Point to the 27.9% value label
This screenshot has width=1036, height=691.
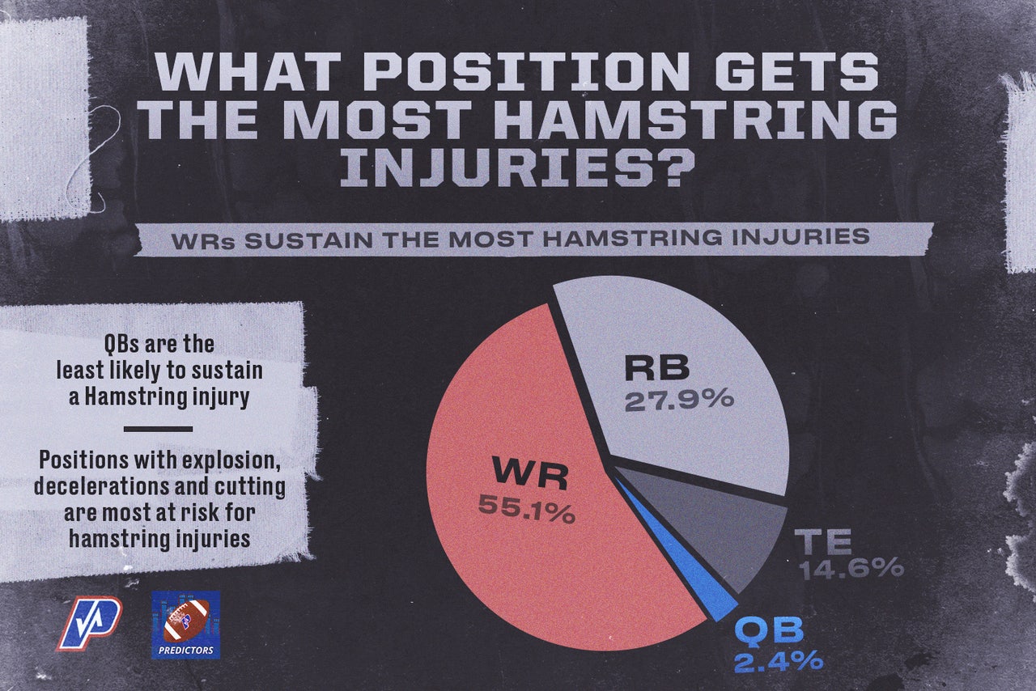click(x=679, y=399)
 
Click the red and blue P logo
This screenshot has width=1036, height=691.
click(x=89, y=623)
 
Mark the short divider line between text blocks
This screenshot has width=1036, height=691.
click(x=158, y=429)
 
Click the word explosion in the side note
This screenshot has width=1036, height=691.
click(x=223, y=460)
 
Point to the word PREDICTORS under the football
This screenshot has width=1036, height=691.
click(x=186, y=651)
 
